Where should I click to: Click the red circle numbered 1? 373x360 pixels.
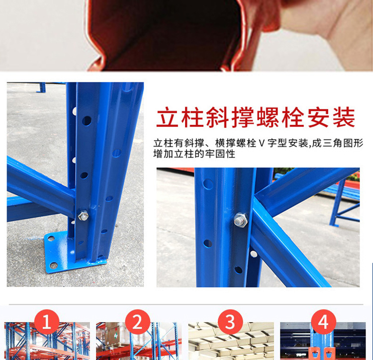(x=47, y=322)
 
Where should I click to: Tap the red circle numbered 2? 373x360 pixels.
(x=138, y=322)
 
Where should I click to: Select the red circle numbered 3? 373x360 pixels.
(x=230, y=322)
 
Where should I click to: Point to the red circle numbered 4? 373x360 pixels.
(x=324, y=322)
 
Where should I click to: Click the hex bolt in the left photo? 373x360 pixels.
(x=83, y=216)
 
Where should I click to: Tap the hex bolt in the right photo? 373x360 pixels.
(x=241, y=220)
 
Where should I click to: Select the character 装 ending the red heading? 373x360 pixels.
(x=344, y=117)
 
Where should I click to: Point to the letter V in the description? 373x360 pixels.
(x=262, y=143)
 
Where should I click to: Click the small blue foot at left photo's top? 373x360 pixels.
(x=41, y=88)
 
